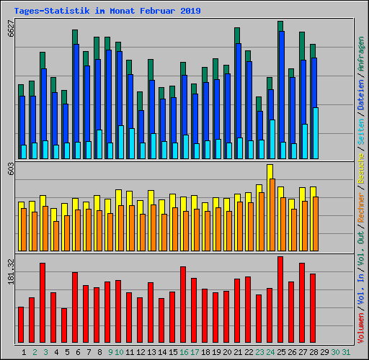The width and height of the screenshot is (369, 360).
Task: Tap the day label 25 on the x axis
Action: click(x=281, y=352)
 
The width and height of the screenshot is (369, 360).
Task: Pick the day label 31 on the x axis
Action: click(x=346, y=352)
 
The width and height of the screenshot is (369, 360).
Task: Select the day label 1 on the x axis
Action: click(x=25, y=352)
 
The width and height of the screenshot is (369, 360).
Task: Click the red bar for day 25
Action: click(x=280, y=300)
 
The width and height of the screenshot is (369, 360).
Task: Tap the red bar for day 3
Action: click(x=43, y=302)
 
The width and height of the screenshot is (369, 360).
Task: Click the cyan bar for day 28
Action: click(x=316, y=133)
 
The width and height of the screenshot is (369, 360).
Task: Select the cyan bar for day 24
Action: click(x=272, y=139)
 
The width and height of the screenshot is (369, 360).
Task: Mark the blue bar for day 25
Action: click(x=280, y=86)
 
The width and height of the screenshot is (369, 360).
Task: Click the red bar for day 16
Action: click(x=183, y=305)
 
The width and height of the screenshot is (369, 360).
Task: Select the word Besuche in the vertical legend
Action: click(x=360, y=174)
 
